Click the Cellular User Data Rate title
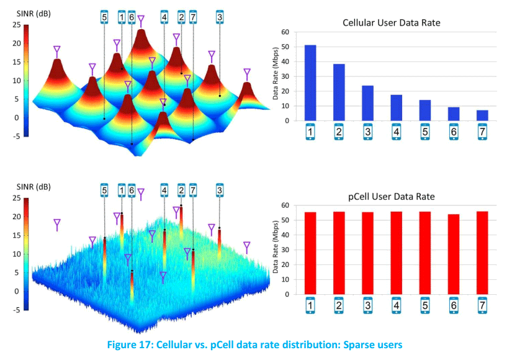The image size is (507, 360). click(x=392, y=23)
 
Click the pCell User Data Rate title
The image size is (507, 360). click(x=391, y=196)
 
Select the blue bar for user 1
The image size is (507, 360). click(x=310, y=83)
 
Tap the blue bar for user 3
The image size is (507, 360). click(x=367, y=103)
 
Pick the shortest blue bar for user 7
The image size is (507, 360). click(x=482, y=115)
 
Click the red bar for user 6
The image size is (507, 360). click(x=454, y=254)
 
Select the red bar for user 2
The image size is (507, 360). click(x=339, y=253)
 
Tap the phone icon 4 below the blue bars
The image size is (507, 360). click(x=397, y=133)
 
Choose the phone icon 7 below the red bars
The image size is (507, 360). click(x=482, y=305)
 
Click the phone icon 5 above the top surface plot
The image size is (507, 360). click(x=104, y=17)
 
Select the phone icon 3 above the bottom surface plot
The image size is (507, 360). click(x=220, y=190)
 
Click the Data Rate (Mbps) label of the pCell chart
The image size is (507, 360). click(x=277, y=249)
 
